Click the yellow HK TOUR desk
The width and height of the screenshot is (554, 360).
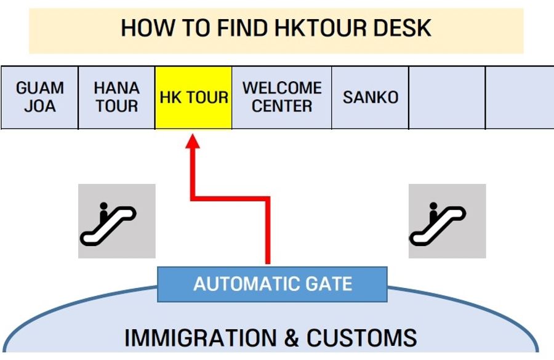click(193, 98)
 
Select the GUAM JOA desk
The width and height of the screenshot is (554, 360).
click(39, 98)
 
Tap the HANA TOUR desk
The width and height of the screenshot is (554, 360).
click(116, 98)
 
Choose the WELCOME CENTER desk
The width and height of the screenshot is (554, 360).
click(282, 98)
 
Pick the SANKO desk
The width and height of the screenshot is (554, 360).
click(371, 98)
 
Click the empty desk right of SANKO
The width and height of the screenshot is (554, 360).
click(447, 98)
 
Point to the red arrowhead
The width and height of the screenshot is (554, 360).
click(193, 142)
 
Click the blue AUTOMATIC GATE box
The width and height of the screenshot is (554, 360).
click(272, 284)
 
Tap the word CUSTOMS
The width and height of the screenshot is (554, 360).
click(361, 338)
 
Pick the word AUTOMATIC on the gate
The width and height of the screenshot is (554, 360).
click(239, 284)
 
